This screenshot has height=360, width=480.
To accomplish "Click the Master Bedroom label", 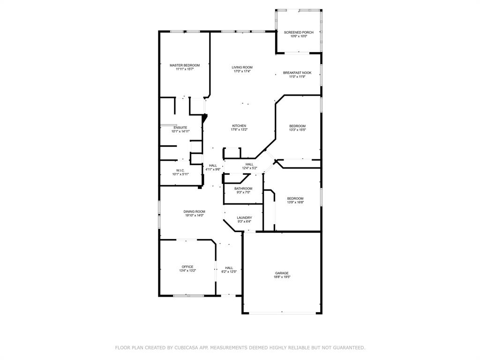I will click(185, 65).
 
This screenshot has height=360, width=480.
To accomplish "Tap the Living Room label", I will click(242, 67).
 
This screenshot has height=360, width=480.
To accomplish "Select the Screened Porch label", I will click(299, 32).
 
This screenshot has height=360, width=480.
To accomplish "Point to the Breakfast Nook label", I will click(297, 73).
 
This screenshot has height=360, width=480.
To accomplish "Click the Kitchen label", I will click(239, 126).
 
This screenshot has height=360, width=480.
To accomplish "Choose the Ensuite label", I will click(180, 127).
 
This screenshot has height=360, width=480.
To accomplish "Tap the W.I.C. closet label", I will click(180, 170).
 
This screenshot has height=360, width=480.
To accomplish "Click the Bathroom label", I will click(243, 188).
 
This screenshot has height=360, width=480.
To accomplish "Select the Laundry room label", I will click(244, 217).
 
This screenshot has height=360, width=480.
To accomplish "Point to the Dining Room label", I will click(194, 211).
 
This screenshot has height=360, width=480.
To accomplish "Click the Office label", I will click(187, 267).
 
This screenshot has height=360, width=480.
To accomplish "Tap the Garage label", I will click(282, 273).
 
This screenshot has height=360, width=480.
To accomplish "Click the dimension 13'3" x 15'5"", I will click(298, 130).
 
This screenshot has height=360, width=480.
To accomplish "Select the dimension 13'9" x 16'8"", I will click(295, 202).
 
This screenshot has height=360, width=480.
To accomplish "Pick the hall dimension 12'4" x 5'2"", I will click(249, 168).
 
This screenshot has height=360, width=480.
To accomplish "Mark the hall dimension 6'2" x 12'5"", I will click(229, 271).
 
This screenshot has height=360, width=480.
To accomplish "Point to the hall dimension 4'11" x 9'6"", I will click(213, 169).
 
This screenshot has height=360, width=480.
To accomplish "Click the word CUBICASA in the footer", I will click(186, 348).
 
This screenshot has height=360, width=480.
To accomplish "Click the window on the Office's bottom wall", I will click(188, 296).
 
